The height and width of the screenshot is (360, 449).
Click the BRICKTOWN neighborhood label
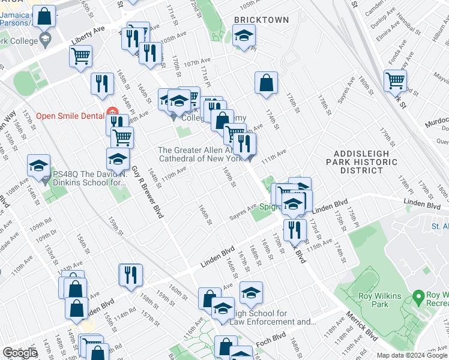click(x=261, y=20)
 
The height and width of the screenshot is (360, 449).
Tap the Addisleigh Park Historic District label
click(x=362, y=162)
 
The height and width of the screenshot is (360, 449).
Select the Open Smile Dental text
click(x=70, y=116)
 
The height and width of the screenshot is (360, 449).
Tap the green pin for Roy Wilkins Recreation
click(x=419, y=297)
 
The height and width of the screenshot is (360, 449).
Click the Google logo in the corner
click(x=20, y=353)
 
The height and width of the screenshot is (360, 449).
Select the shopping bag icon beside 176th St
click(x=266, y=83)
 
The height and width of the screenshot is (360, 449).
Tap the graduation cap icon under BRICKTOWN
click(x=243, y=37)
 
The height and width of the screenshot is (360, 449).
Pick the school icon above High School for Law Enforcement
click(x=251, y=292)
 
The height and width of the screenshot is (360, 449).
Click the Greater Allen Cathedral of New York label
click(x=200, y=154)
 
